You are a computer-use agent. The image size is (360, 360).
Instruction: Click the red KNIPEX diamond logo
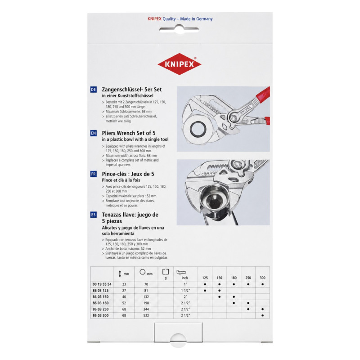(x=180, y=64)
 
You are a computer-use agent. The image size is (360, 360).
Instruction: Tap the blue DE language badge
(x=94, y=90)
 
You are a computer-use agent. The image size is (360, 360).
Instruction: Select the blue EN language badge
(x=94, y=133)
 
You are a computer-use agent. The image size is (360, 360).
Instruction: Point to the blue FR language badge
(x=94, y=174)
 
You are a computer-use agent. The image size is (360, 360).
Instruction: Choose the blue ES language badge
(x=94, y=215)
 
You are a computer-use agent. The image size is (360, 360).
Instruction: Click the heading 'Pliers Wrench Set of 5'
(x=129, y=133)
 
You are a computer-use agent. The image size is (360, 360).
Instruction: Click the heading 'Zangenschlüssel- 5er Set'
(x=132, y=90)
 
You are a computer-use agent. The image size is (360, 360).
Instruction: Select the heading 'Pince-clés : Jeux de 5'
(x=128, y=174)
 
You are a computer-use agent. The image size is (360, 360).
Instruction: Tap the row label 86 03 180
(x=100, y=303)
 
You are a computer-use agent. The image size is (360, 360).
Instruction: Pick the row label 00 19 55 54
(x=102, y=284)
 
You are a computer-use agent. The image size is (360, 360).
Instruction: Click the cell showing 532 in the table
(x=146, y=316)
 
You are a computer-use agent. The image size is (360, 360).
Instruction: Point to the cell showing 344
(x=146, y=309)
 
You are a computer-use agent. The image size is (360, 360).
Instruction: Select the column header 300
(x=262, y=278)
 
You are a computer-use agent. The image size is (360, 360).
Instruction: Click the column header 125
(x=205, y=278)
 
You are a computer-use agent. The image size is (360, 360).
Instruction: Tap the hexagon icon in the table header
(x=143, y=272)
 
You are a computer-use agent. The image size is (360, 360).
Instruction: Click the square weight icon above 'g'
(x=166, y=272)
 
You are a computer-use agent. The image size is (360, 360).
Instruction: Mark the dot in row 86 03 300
(x=262, y=316)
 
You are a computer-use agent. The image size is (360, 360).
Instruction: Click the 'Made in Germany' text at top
(x=196, y=19)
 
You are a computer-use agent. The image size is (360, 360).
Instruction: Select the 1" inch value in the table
(x=184, y=284)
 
